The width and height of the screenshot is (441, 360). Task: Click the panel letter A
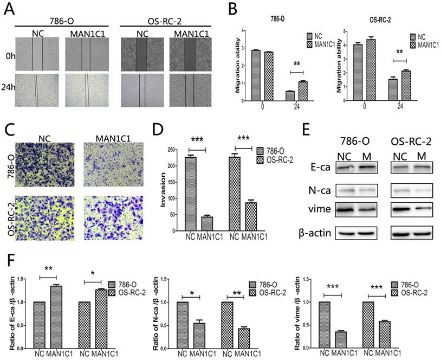coord(7,9)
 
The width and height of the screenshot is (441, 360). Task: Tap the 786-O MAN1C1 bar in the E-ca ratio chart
coord(55,317)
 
